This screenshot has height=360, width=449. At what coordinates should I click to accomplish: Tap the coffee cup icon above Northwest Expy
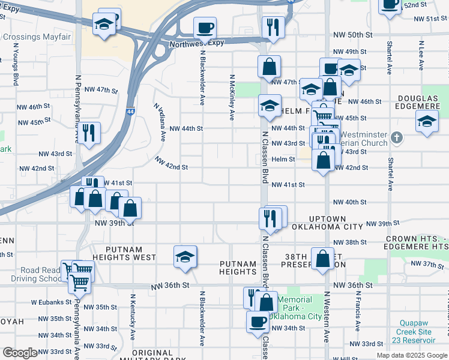coord(205,27)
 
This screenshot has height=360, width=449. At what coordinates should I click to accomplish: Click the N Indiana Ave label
coord(160,122)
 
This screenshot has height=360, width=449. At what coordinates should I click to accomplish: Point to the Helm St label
coord(283,160)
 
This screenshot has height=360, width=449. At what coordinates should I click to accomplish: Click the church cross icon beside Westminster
coord(396,138)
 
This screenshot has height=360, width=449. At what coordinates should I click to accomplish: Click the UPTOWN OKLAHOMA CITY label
coord(327,223)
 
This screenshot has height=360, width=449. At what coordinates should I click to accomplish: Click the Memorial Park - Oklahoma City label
coord(295,308)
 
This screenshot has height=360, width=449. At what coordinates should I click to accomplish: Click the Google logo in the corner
coord(20,353)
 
